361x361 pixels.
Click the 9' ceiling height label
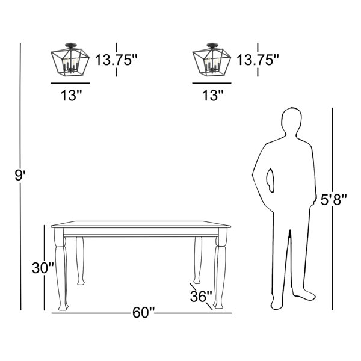20,176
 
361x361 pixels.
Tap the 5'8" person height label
333,199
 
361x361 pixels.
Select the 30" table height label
43,268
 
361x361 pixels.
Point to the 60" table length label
143,313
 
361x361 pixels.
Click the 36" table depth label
201,296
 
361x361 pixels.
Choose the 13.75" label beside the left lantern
116,60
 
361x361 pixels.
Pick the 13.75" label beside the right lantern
258,60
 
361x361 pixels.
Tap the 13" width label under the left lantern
71,95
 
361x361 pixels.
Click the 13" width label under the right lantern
213,95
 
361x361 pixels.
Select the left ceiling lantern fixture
70,59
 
